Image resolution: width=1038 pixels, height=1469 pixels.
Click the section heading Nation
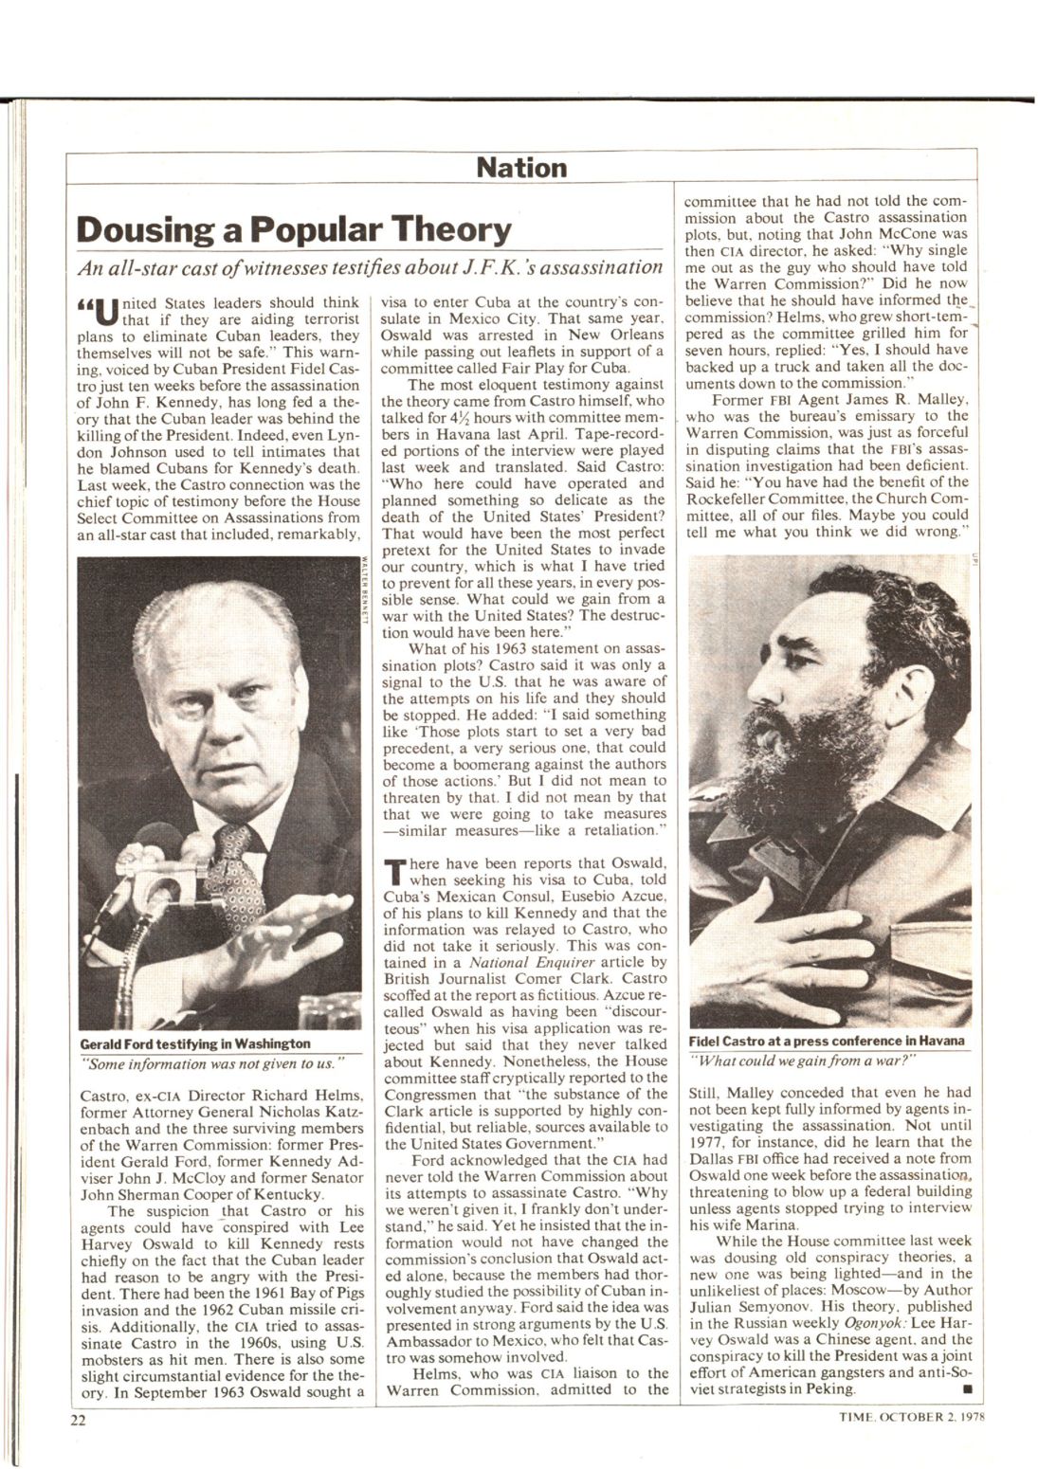520,169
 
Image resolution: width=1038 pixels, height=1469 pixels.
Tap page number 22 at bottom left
77,1420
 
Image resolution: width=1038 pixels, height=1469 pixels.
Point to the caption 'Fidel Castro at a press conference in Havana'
827,1040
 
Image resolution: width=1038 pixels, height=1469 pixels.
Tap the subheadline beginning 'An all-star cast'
369,268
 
